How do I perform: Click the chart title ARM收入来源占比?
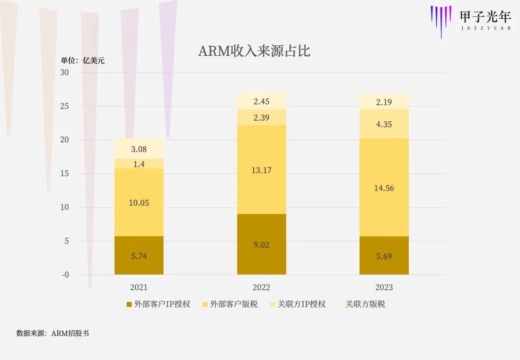coord(254,51)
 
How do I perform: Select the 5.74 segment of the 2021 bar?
coord(139,256)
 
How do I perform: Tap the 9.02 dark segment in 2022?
coord(261,244)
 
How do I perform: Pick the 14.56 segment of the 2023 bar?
coord(384,188)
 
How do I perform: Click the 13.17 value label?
coord(261,169)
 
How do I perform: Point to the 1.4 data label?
coord(139,164)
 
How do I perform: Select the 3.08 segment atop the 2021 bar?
coord(139,149)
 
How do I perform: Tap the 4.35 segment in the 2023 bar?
coord(384,124)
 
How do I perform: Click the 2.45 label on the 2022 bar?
coord(261,101)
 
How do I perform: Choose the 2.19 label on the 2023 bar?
coord(384,102)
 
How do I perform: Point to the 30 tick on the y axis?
coord(65,72)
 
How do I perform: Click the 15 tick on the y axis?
coord(65,174)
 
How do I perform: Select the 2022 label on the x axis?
coord(261,287)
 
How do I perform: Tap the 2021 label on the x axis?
coord(139,287)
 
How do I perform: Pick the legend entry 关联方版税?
coord(361,304)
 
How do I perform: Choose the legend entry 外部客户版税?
coord(230,304)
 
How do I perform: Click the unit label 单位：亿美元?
coord(82,61)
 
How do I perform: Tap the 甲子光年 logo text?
coord(485,17)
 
